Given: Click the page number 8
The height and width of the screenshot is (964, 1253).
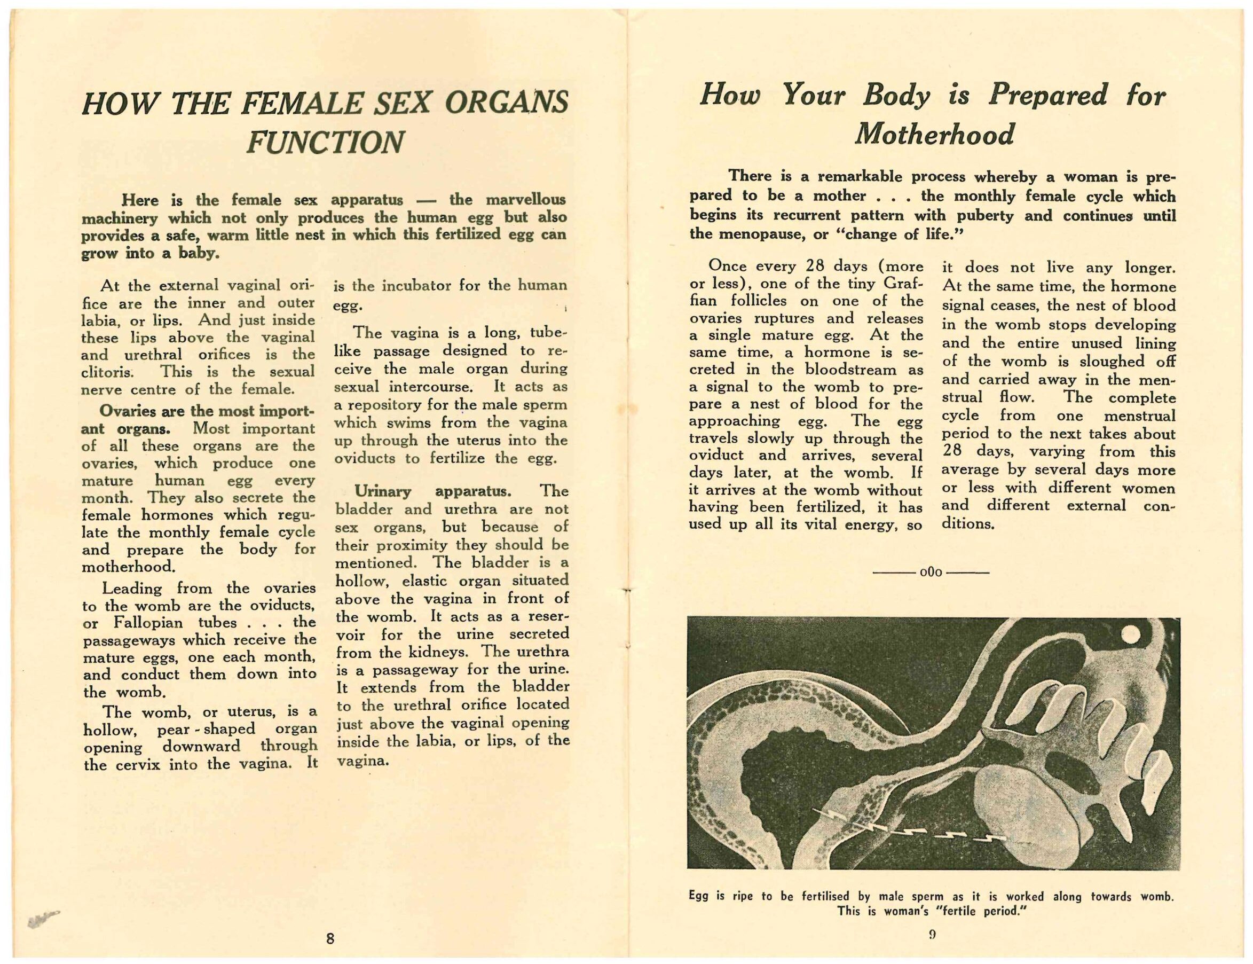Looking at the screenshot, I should (330, 939).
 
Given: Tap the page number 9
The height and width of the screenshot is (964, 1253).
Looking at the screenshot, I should (932, 934).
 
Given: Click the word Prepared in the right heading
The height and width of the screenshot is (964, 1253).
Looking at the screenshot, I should (1047, 95).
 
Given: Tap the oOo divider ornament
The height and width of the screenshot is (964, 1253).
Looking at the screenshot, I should (931, 573).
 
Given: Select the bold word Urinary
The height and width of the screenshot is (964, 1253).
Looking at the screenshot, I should (382, 491).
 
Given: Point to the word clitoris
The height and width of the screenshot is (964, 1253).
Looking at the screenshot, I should (107, 372).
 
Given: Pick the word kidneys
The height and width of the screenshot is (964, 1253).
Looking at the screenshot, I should (443, 652).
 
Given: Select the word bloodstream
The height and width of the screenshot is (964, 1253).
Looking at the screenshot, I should (848, 369).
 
